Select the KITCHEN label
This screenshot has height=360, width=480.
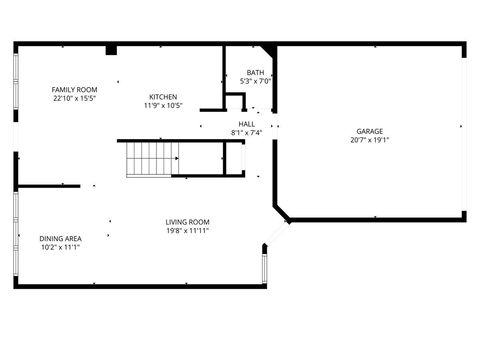[163, 97]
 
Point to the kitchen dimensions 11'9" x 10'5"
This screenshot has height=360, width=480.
[163, 105]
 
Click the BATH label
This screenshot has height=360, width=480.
[256, 73]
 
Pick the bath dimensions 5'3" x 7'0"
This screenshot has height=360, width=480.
[256, 81]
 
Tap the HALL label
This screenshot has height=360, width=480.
[246, 124]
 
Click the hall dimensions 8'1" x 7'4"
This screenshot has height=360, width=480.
[246, 132]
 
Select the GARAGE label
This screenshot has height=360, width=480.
[370, 131]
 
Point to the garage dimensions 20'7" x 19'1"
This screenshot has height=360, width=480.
[370, 140]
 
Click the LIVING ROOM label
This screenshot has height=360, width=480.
[188, 221]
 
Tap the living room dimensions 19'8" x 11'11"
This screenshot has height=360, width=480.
[188, 230]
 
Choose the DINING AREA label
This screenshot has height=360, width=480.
[61, 238]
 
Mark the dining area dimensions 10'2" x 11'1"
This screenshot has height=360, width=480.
[61, 246]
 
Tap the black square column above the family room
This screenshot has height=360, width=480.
[111, 49]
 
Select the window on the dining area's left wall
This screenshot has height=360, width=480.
[15, 238]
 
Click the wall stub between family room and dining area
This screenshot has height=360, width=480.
[48, 185]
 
